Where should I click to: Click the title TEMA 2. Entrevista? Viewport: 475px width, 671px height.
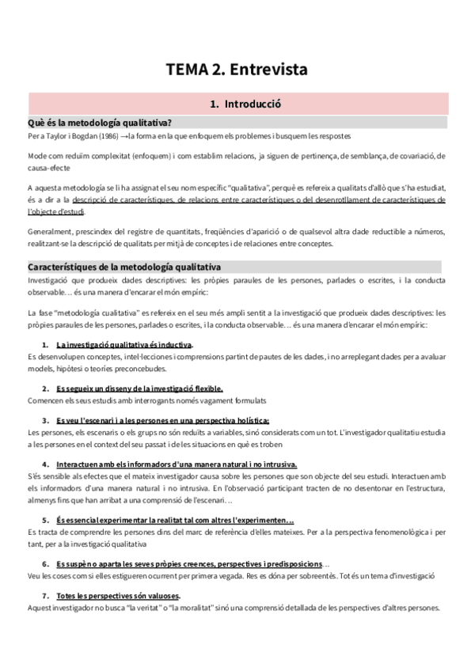[237, 70]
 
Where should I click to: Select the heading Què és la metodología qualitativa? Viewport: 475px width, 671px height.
[101, 122]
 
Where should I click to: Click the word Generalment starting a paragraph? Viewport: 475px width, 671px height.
[50, 231]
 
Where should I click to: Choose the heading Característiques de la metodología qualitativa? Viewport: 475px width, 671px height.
[124, 267]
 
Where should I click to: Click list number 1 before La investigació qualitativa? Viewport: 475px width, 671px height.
[44, 345]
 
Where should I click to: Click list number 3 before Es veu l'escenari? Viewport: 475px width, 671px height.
[44, 420]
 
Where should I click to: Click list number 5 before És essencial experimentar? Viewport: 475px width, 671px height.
[44, 520]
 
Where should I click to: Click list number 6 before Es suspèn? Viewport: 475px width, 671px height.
[44, 563]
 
